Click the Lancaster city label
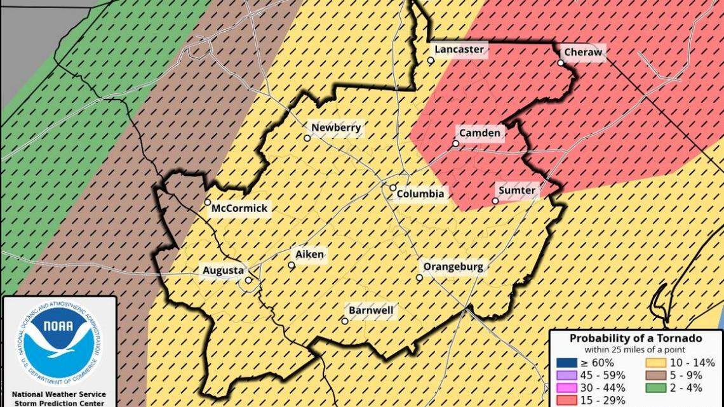(x=459, y=50)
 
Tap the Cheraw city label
(x=582, y=52)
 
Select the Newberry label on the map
(x=336, y=128)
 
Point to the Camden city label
(x=479, y=133)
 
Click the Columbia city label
(x=420, y=194)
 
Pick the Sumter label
(x=516, y=190)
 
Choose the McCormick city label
(x=239, y=208)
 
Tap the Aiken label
(x=310, y=255)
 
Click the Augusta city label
(x=223, y=271)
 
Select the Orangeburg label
(x=453, y=267)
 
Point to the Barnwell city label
(x=371, y=311)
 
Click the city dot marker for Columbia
(x=393, y=188)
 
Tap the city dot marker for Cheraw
(x=561, y=63)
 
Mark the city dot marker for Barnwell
(x=345, y=321)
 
